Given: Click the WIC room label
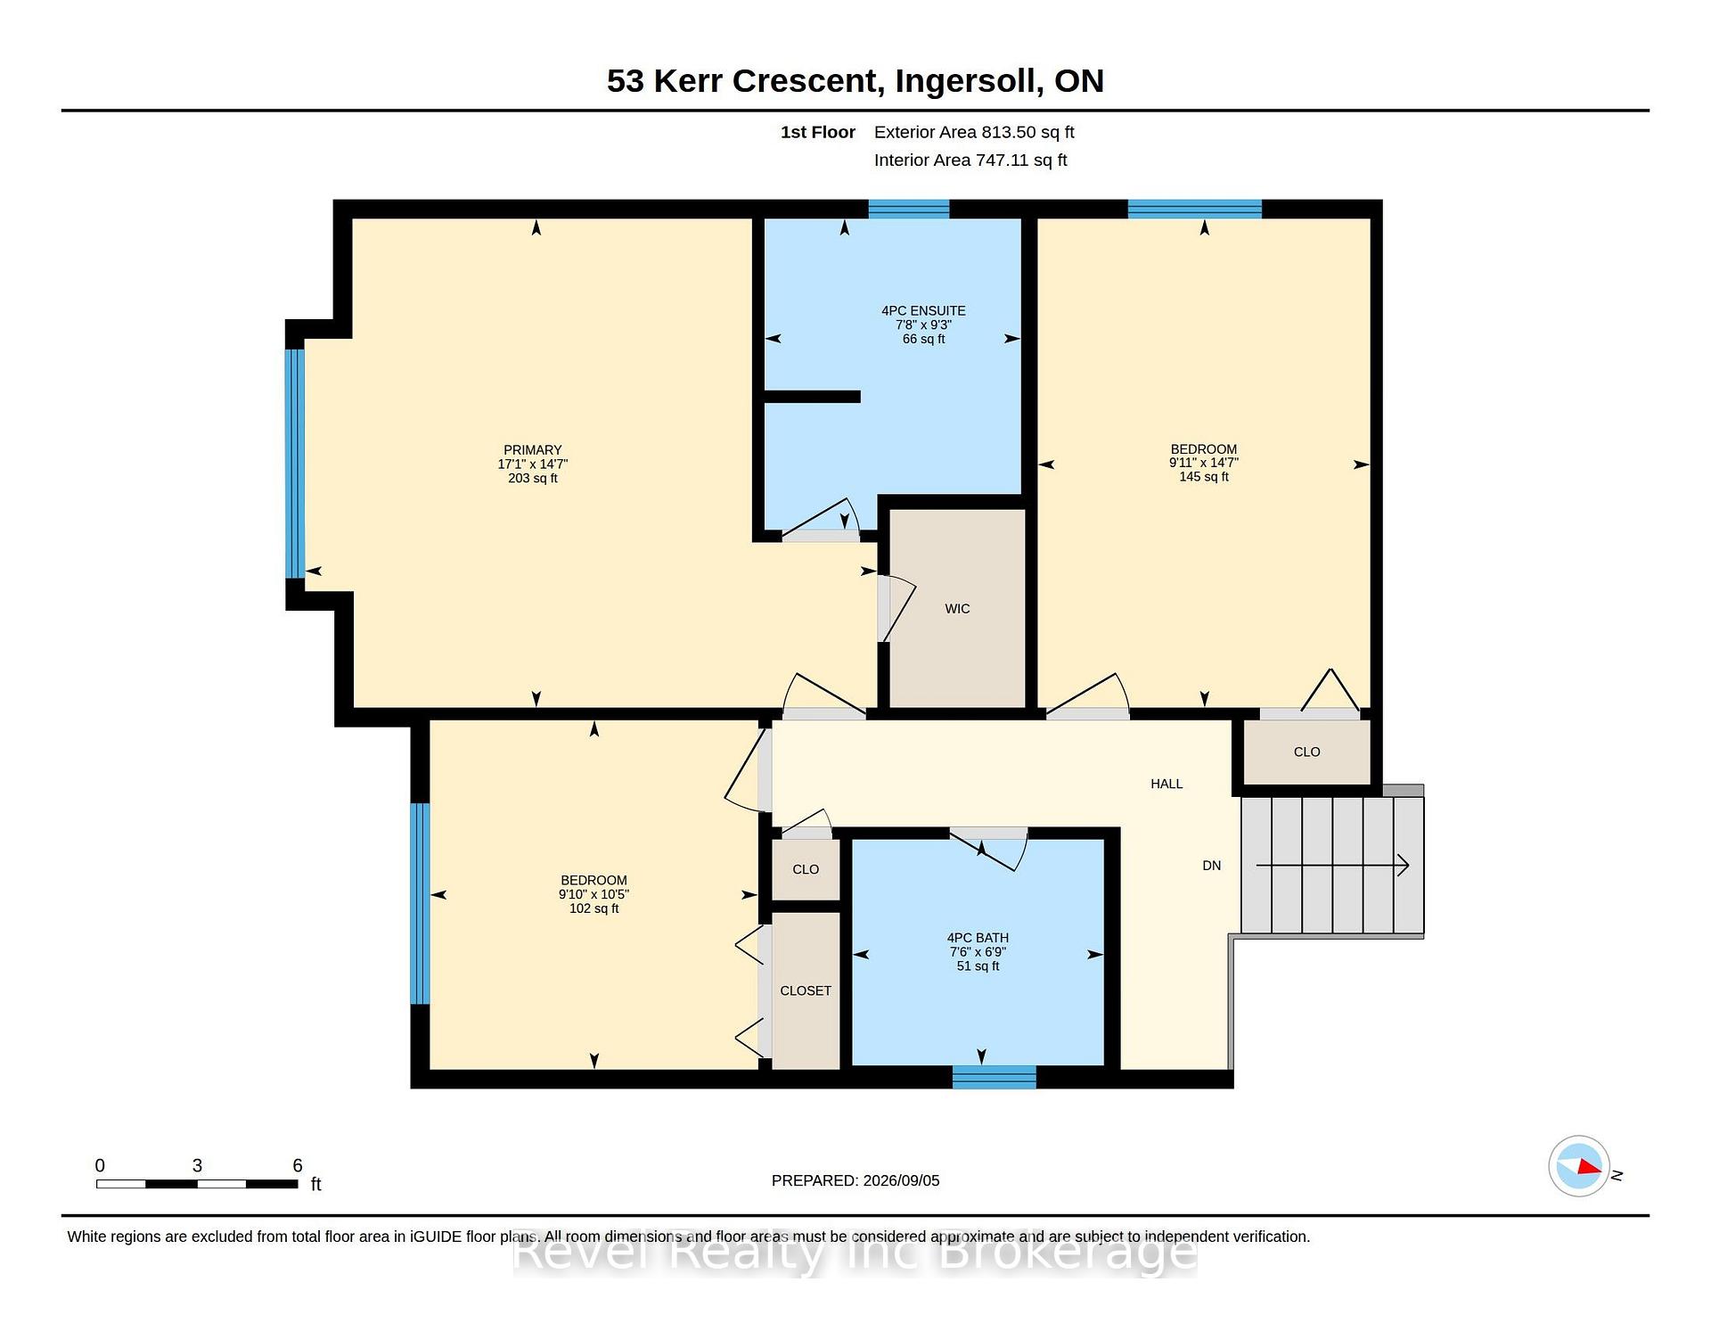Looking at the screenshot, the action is point(957,609).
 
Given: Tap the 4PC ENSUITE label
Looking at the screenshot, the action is point(923,311).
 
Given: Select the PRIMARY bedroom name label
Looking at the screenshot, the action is point(533,450).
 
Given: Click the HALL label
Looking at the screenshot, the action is point(1167,784).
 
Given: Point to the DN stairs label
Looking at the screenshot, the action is point(1212,866).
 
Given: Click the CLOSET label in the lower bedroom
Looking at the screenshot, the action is point(806,990).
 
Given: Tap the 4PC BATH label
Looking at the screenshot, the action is point(978,938).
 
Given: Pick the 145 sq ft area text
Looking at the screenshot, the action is point(1204,477).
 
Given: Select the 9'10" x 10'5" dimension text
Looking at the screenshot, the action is point(594,894).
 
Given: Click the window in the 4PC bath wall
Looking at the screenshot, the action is point(995,1077).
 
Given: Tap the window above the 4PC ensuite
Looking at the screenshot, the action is point(909,210).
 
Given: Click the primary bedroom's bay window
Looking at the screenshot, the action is point(295,464).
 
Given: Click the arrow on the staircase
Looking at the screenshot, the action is point(1332,865).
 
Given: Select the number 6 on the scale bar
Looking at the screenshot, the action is point(298,1165).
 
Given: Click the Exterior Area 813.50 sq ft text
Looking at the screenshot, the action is point(974,132).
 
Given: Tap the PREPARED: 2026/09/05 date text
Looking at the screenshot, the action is point(855,1180).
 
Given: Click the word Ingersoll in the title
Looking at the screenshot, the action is point(970,81).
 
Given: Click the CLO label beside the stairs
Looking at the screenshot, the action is point(1306,752).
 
